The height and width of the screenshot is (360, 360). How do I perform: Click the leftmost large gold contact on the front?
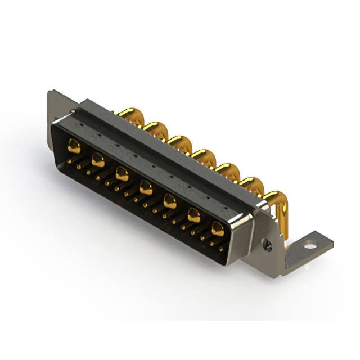pyautogui.click(x=74, y=147)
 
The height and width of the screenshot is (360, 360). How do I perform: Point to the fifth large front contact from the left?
pyautogui.click(x=170, y=200)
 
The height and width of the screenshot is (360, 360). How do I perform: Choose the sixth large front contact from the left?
pyautogui.click(x=194, y=214)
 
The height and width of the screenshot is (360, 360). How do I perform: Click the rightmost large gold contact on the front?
pyautogui.click(x=218, y=228)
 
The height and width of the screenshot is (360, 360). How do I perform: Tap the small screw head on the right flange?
pyautogui.click(x=268, y=245)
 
